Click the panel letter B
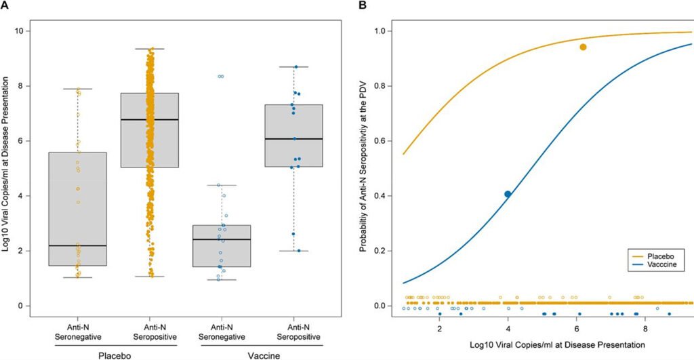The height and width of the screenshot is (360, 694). click(x=363, y=5)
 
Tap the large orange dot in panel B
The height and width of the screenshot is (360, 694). click(x=583, y=47)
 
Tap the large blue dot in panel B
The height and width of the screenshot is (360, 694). click(x=508, y=194)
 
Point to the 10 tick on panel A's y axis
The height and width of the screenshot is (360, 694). click(x=25, y=31)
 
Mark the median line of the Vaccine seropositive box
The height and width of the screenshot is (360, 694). click(x=293, y=139)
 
